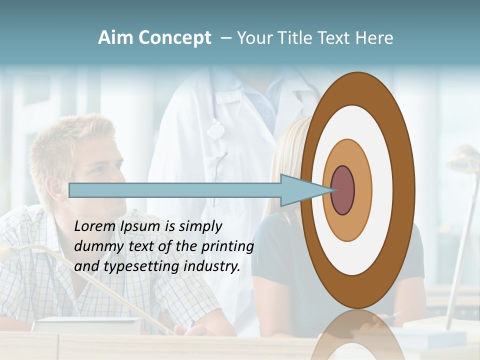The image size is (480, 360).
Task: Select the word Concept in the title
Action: [174, 38]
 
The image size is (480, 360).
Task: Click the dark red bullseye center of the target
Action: [342, 190]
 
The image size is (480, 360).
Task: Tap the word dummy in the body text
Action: [94, 246]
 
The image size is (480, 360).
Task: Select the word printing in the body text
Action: [227, 246]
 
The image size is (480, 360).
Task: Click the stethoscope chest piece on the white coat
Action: [215, 130]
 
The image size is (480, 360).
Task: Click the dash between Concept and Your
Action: [225, 38]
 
